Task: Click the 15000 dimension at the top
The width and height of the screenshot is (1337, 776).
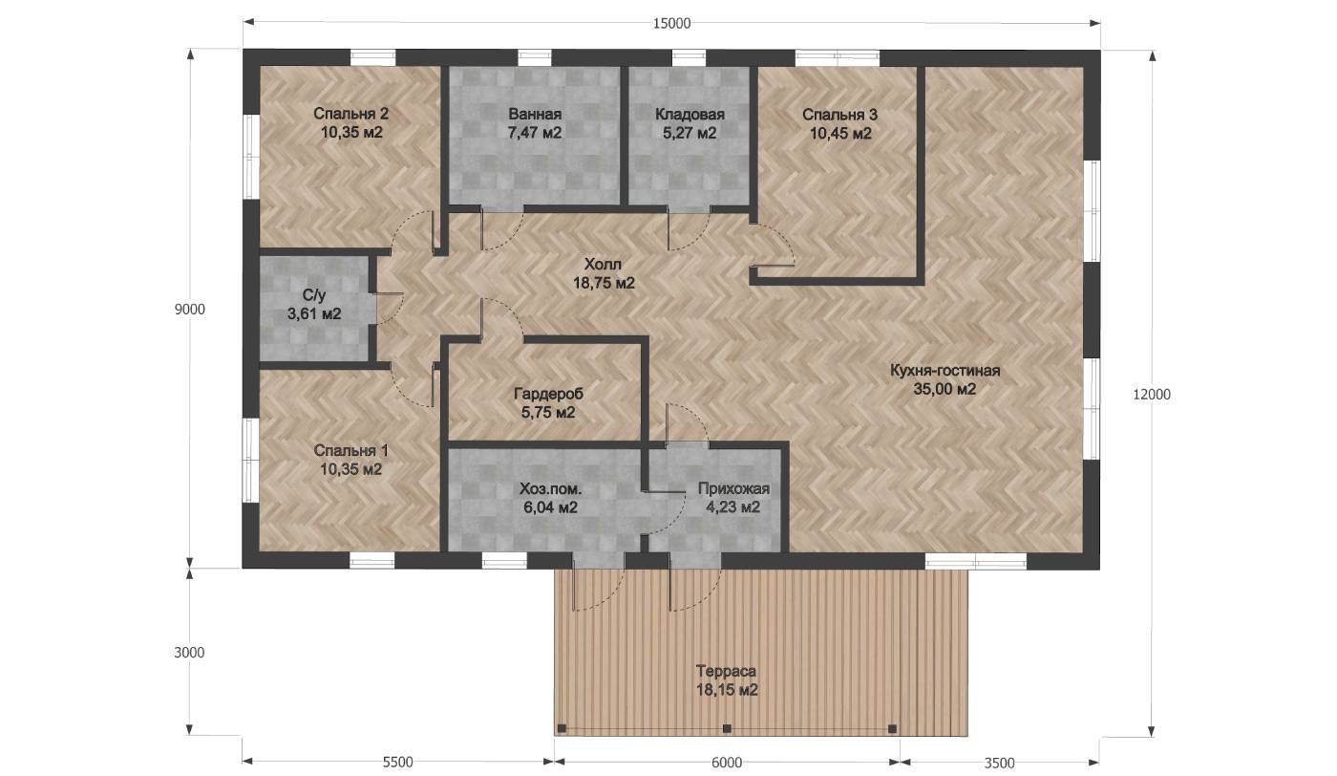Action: point(671,23)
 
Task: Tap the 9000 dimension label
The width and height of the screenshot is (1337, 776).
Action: point(189,310)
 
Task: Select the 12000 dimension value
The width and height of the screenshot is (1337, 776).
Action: point(1152,395)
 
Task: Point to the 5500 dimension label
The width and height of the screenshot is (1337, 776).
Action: point(397,763)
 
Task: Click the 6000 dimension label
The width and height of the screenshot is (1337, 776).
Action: point(727,763)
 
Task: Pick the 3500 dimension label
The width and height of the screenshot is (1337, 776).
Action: point(999,763)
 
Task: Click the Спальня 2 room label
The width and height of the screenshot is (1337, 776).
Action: point(351,114)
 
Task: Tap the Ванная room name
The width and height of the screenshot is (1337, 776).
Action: point(535,114)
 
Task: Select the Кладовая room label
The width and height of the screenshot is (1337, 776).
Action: point(690,114)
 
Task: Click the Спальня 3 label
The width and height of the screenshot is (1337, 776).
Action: point(839,114)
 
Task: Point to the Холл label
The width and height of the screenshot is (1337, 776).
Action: point(603,264)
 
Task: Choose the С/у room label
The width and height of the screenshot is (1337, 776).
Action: point(314,295)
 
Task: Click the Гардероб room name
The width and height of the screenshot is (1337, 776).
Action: point(548,394)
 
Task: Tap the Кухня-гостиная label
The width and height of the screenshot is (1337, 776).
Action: point(944,371)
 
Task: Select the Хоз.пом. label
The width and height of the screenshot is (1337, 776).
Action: point(550,488)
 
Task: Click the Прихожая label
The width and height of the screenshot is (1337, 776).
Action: point(733,488)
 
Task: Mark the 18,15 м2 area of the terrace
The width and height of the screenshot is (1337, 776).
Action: point(727,690)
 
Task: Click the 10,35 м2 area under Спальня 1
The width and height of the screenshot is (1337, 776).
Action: point(351,469)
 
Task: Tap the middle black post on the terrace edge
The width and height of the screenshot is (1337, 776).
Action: point(727,729)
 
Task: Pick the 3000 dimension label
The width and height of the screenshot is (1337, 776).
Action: point(189,653)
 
